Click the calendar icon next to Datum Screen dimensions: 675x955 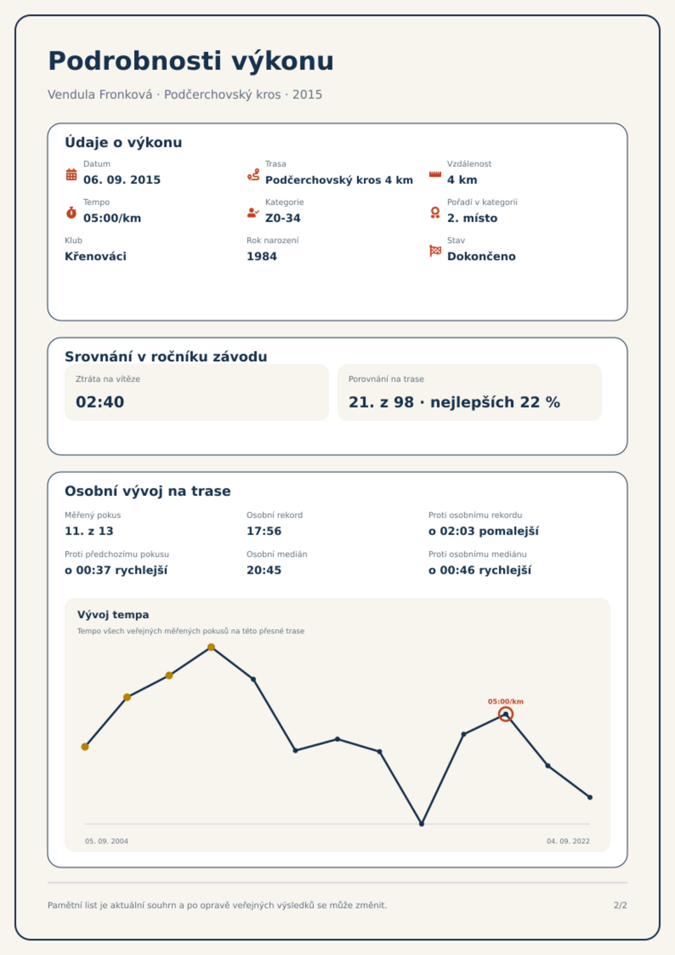(x=71, y=174)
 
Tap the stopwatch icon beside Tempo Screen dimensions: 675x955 (x=71, y=212)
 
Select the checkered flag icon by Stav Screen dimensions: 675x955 (x=435, y=251)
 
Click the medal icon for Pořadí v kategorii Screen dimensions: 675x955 (x=435, y=213)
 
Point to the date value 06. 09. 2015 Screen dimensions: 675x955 (x=122, y=180)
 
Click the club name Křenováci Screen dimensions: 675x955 (x=96, y=256)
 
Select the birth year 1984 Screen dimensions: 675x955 (x=262, y=256)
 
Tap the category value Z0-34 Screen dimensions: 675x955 (x=283, y=218)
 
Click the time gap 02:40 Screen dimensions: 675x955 (x=100, y=402)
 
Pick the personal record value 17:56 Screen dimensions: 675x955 (x=264, y=531)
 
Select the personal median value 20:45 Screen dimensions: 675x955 (x=264, y=570)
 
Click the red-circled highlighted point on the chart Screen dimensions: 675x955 (x=505, y=714)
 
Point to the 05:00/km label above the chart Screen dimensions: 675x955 (x=505, y=702)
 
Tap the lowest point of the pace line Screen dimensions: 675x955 (x=422, y=824)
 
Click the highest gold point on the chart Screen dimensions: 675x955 (x=211, y=647)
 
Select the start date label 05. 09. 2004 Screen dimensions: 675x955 (x=106, y=841)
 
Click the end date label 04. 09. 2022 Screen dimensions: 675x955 (x=568, y=841)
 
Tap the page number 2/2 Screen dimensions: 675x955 (x=620, y=905)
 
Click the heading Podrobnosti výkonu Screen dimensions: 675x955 (x=191, y=61)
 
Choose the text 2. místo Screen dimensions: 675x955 (x=472, y=218)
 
